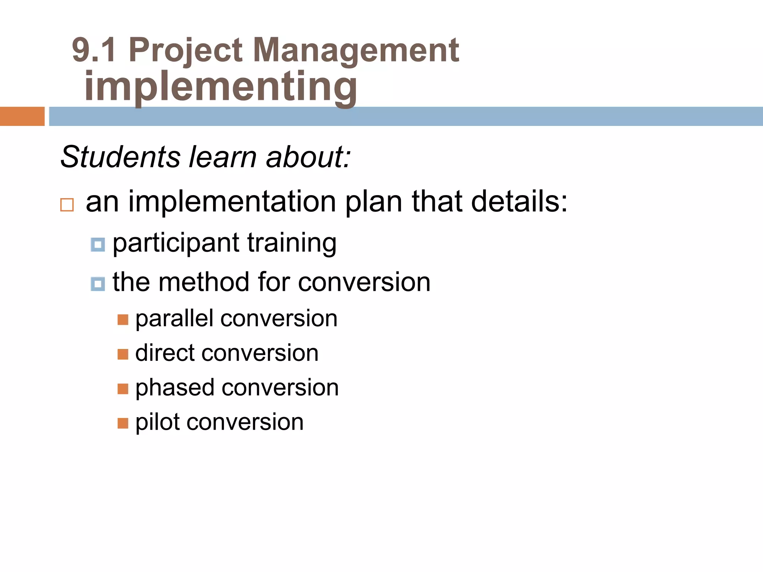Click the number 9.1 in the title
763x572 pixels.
point(94,50)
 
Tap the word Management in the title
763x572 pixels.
point(356,50)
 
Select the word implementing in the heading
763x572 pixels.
point(221,87)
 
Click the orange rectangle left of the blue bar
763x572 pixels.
point(22,116)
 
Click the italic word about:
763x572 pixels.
point(308,157)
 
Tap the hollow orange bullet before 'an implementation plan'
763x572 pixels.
point(67,205)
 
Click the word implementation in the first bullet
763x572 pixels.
point(232,201)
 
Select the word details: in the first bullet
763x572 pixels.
point(519,201)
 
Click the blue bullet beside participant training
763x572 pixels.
point(98,245)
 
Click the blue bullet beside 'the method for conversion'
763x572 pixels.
point(98,284)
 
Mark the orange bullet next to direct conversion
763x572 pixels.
point(123,354)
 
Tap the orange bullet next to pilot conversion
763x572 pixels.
point(123,423)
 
